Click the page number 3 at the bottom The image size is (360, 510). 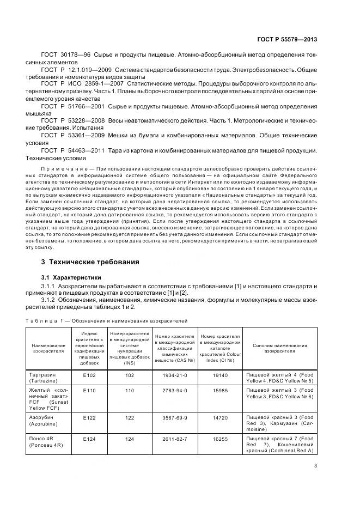click(316, 465)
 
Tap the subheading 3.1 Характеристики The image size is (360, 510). click(71, 278)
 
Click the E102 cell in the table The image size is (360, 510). click(89, 375)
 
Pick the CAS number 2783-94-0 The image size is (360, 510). click(175, 391)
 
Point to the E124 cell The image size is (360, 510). click(89, 439)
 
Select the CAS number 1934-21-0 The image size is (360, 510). click(175, 375)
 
